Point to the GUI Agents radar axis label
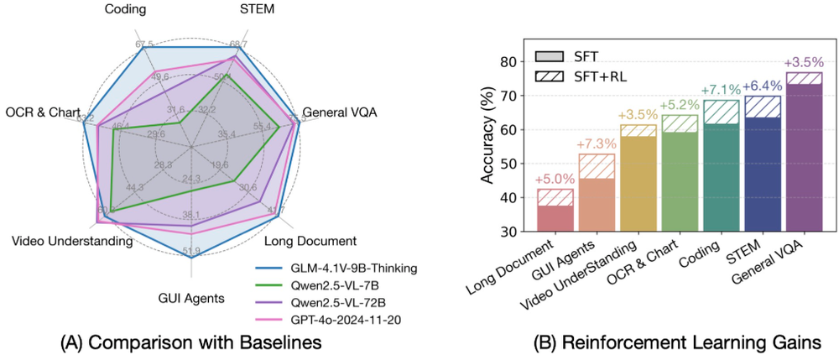click(x=191, y=297)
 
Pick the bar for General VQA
click(x=804, y=152)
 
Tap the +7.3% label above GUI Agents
click(x=596, y=143)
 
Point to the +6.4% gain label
click(x=763, y=86)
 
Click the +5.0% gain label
click(x=555, y=179)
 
